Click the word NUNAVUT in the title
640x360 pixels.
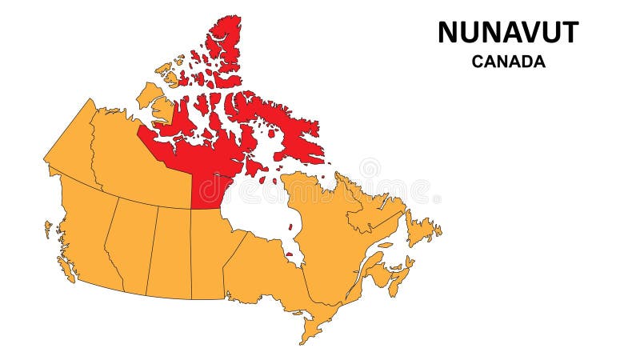(508, 33)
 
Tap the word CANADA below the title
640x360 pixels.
(508, 62)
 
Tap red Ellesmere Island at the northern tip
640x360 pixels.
(224, 40)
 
